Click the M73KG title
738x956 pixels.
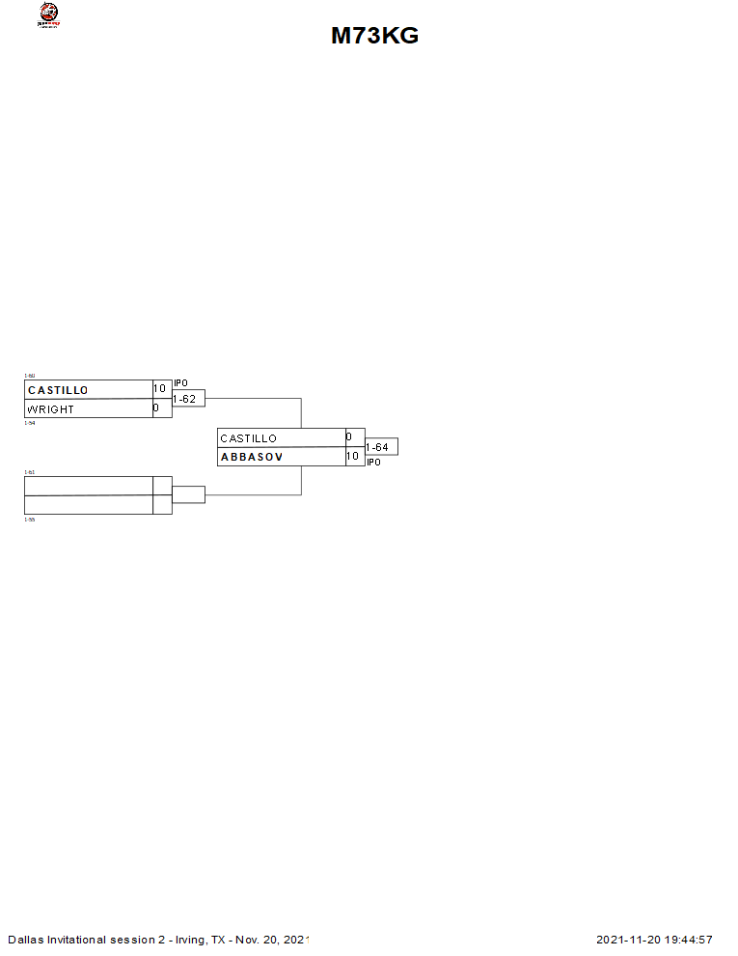(x=374, y=36)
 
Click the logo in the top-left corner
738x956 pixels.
(x=47, y=14)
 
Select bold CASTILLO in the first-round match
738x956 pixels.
(x=58, y=390)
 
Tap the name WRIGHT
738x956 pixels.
(x=50, y=409)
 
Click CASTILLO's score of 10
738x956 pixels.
(x=160, y=389)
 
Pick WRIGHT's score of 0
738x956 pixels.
(x=156, y=408)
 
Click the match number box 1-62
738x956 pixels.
(x=188, y=399)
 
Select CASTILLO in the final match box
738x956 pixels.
(x=249, y=438)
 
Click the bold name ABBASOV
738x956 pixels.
(x=252, y=457)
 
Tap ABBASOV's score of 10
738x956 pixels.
(x=353, y=457)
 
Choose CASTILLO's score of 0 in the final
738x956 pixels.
(x=349, y=437)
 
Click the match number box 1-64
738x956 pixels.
(x=381, y=447)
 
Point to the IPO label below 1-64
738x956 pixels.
(x=373, y=463)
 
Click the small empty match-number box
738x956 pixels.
(x=188, y=495)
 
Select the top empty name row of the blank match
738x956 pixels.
(x=88, y=486)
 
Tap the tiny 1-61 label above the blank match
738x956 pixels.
(x=29, y=472)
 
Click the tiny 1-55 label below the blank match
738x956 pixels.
(x=29, y=520)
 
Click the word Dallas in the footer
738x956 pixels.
(x=25, y=940)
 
